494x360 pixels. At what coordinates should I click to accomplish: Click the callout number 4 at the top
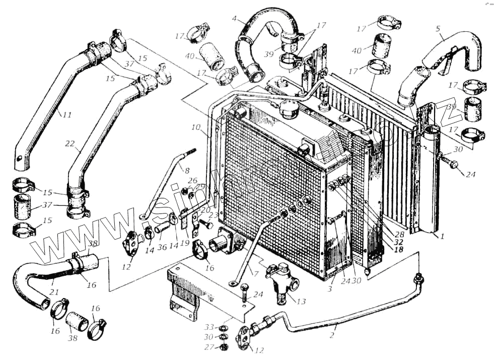[x=235, y=19]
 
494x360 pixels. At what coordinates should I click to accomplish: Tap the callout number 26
[x=192, y=180]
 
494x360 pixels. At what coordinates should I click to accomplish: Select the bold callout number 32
[x=399, y=242]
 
